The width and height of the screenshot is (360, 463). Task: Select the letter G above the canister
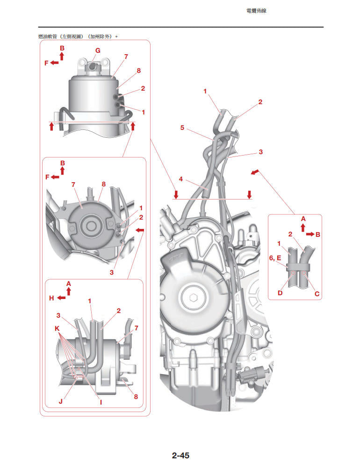97,50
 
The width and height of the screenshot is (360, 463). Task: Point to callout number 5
182,127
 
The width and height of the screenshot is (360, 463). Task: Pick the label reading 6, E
275,257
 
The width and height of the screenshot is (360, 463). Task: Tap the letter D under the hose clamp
280,293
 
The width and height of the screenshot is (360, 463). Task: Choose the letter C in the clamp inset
317,293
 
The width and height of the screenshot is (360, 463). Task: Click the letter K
57,329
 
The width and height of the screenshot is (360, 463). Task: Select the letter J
61,401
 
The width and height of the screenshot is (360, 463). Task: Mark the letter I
101,401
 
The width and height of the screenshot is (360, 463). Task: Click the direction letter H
52,298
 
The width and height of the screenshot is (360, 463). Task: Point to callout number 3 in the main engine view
260,152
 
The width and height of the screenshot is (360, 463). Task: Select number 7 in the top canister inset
126,57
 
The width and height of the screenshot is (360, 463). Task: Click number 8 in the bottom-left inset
136,397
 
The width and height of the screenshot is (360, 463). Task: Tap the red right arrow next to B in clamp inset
310,235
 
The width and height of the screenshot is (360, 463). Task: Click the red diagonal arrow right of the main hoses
254,173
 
